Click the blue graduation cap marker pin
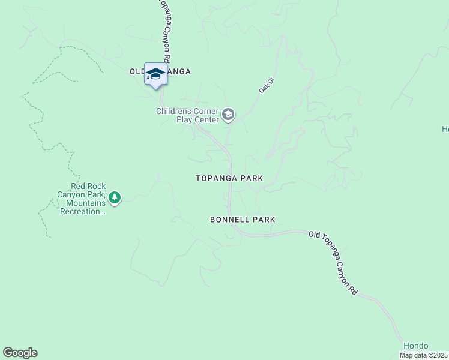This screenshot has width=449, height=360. point(156,74)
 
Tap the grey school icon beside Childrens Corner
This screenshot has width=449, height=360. point(228,114)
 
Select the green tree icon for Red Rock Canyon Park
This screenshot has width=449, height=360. point(115,197)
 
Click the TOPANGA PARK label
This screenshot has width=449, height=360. point(229,178)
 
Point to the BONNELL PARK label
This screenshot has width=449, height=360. point(243,220)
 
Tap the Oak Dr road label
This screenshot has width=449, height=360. point(265,84)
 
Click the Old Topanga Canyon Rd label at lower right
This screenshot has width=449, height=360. point(334,262)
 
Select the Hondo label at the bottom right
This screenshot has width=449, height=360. point(415,346)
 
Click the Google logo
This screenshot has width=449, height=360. point(20,353)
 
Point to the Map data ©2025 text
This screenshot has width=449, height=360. point(423,355)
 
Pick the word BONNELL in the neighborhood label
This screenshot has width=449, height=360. point(229,220)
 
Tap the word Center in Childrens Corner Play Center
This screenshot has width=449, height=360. point(206,119)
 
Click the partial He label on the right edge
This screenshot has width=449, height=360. point(445,129)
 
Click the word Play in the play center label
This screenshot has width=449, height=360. point(185,119)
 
